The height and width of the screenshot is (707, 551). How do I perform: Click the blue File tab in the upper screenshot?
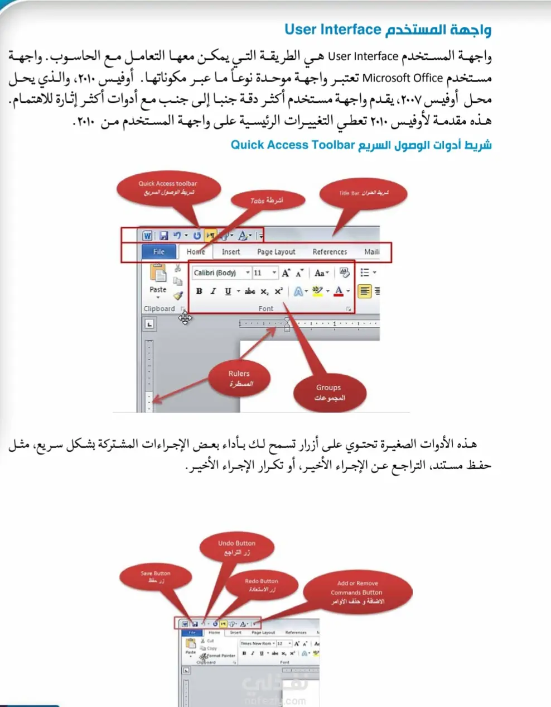[159, 252]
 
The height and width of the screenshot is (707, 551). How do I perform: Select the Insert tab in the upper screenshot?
[231, 252]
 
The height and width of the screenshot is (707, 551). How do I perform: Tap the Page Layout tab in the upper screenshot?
[276, 252]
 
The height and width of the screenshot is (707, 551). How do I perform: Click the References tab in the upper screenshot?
[330, 252]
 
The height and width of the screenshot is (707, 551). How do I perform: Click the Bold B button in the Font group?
[199, 291]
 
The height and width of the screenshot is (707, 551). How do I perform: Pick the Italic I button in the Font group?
[213, 291]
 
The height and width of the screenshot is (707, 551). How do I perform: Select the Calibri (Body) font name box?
[217, 273]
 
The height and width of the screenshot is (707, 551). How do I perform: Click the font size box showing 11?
[261, 273]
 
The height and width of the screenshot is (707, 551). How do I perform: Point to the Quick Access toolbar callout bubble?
[168, 188]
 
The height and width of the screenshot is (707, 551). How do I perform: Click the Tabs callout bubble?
[267, 200]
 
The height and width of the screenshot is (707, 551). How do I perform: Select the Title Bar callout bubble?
[364, 193]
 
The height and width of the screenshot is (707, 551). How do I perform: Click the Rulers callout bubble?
[239, 378]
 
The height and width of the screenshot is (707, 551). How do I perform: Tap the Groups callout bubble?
[329, 392]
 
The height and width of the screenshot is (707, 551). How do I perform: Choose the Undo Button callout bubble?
[237, 547]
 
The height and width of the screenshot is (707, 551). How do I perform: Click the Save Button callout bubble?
[155, 577]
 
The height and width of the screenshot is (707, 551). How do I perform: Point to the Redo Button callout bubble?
[261, 585]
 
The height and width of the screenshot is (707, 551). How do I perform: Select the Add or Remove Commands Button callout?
[357, 592]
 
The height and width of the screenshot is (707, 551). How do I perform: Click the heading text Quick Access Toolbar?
[293, 145]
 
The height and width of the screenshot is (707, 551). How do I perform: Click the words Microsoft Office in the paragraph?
[403, 78]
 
